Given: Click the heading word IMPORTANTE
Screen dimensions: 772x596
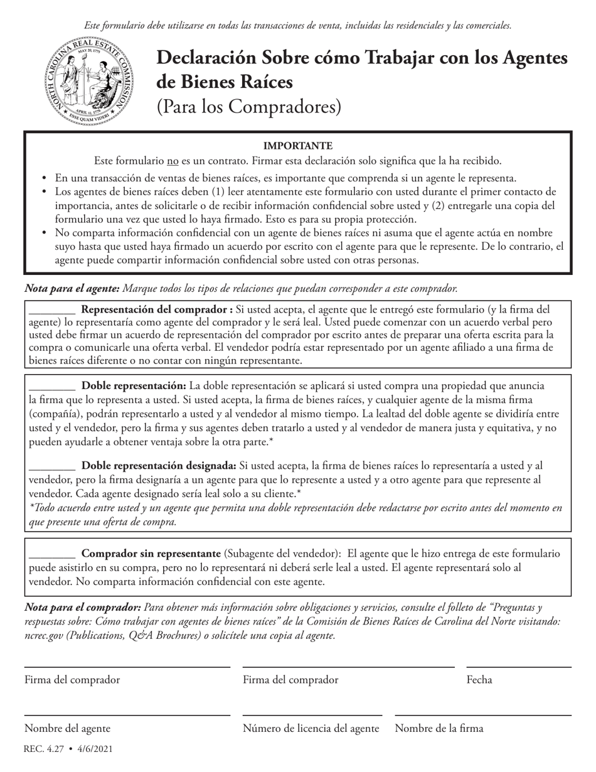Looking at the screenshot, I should click(297, 146).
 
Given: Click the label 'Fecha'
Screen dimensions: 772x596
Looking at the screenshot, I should click(479, 680).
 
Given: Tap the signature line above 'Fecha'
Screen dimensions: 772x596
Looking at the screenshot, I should click(518, 667).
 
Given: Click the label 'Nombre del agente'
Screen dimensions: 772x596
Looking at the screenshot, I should click(67, 729).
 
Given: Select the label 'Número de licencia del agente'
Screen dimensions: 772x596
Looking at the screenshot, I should click(311, 729).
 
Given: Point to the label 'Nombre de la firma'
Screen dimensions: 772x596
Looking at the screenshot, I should click(439, 729).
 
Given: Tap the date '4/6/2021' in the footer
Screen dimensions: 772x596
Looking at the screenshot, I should click(95, 749).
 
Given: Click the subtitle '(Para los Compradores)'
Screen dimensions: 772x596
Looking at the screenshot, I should click(248, 107).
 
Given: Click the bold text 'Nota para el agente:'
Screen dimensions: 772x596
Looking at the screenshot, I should click(72, 289).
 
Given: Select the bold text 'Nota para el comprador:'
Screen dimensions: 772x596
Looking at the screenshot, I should click(82, 608).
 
